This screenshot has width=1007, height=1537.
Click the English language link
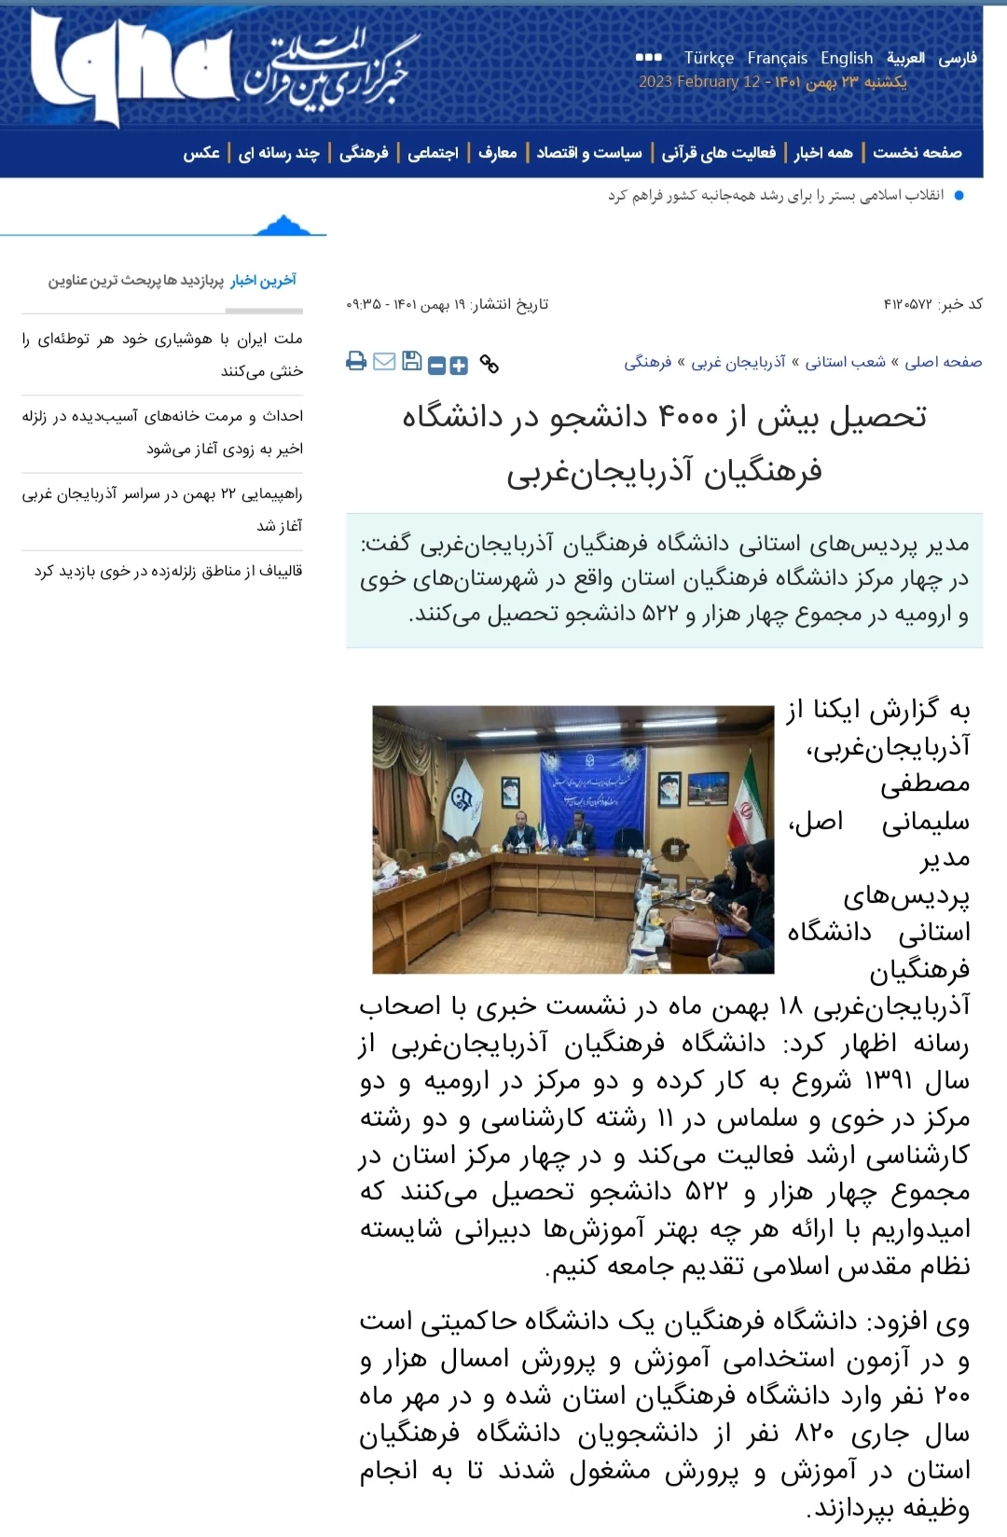(847, 58)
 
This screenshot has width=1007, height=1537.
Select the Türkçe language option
(709, 58)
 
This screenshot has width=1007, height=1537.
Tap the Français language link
(778, 58)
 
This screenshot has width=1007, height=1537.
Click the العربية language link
(905, 58)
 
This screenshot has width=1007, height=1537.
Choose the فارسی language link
(958, 58)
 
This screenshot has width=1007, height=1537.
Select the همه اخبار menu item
(823, 153)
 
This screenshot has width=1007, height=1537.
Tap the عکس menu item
(201, 153)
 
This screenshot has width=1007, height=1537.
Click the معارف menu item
(497, 153)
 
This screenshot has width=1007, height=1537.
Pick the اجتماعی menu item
(433, 153)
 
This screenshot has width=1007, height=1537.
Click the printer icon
(356, 362)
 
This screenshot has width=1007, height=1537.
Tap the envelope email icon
(384, 362)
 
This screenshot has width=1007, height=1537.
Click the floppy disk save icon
(411, 362)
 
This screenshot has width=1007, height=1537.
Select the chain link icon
(489, 364)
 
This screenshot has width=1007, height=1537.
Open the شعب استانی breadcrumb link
(845, 362)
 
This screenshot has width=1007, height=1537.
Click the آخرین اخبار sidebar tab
(264, 280)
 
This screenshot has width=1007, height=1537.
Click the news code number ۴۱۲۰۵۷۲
(908, 304)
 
